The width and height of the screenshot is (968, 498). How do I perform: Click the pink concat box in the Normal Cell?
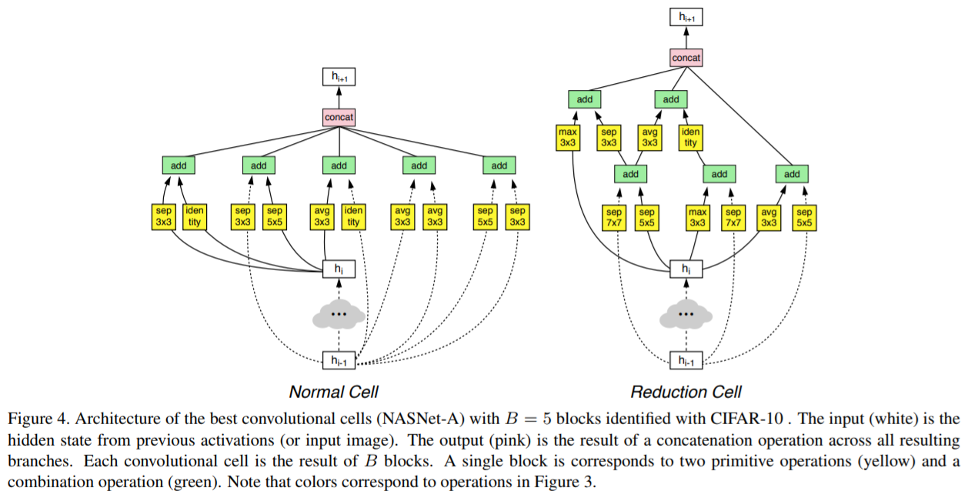(x=339, y=117)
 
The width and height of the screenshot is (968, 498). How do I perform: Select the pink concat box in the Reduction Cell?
(x=686, y=58)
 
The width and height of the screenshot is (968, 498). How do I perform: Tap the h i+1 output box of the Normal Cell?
(x=339, y=76)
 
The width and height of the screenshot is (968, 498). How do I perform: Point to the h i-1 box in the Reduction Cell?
(x=686, y=360)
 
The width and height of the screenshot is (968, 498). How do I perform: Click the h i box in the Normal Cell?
(x=339, y=269)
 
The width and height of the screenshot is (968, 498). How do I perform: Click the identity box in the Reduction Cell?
(x=690, y=138)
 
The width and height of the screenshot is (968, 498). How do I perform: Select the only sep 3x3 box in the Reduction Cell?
(x=609, y=138)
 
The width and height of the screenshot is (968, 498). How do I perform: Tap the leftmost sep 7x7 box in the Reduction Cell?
(x=613, y=218)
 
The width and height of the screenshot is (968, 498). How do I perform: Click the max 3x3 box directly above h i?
(x=697, y=218)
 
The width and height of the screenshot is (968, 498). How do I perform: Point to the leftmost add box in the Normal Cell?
(x=179, y=165)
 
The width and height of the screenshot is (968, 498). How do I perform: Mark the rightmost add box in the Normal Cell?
(x=499, y=165)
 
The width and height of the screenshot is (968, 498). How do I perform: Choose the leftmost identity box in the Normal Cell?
(x=194, y=217)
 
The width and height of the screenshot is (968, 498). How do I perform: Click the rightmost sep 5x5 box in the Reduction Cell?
(x=804, y=218)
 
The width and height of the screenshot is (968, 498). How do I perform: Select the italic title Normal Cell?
(x=333, y=392)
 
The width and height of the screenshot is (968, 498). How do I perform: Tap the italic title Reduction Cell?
(x=686, y=392)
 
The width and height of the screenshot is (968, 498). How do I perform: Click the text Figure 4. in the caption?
(x=32, y=419)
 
